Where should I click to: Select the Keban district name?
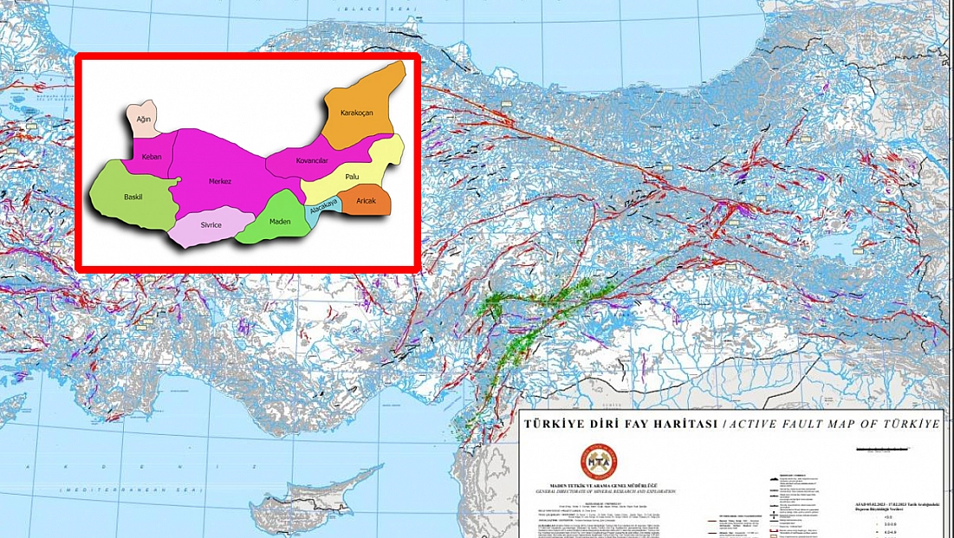[152, 157]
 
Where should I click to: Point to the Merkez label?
[220, 181]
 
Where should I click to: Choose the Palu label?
[352, 177]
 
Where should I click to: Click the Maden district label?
[280, 221]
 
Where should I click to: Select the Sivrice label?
[211, 225]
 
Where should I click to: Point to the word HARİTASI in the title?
[679, 425]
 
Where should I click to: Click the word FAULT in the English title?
[808, 425]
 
